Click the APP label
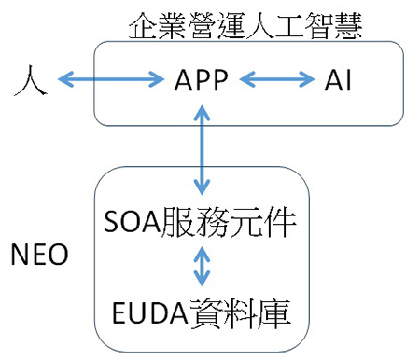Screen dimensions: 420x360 (x=202, y=79)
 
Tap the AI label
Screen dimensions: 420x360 (x=338, y=80)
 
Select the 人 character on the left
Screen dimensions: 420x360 (x=31, y=80)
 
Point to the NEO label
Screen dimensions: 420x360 (x=39, y=254)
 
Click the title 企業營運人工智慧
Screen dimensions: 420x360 (x=245, y=26)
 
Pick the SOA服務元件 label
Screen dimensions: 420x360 (x=200, y=222)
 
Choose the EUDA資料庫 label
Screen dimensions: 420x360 (x=202, y=313)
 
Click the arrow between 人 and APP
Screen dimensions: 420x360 (x=111, y=79)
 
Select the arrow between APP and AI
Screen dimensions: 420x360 (x=277, y=79)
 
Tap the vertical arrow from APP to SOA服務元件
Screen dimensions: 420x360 (x=202, y=150)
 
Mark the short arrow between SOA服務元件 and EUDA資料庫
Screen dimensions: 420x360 (x=202, y=266)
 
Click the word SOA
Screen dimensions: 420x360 (x=132, y=222)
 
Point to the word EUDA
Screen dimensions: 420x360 (x=150, y=313)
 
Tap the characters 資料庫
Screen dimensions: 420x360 (x=240, y=313)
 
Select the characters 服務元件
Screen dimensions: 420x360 (x=229, y=222)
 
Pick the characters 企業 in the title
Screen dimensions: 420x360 (x=158, y=26)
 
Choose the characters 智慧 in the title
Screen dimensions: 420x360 (x=333, y=26)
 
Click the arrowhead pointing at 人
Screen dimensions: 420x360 (x=65, y=79)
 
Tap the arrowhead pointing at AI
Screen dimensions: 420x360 (x=307, y=79)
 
